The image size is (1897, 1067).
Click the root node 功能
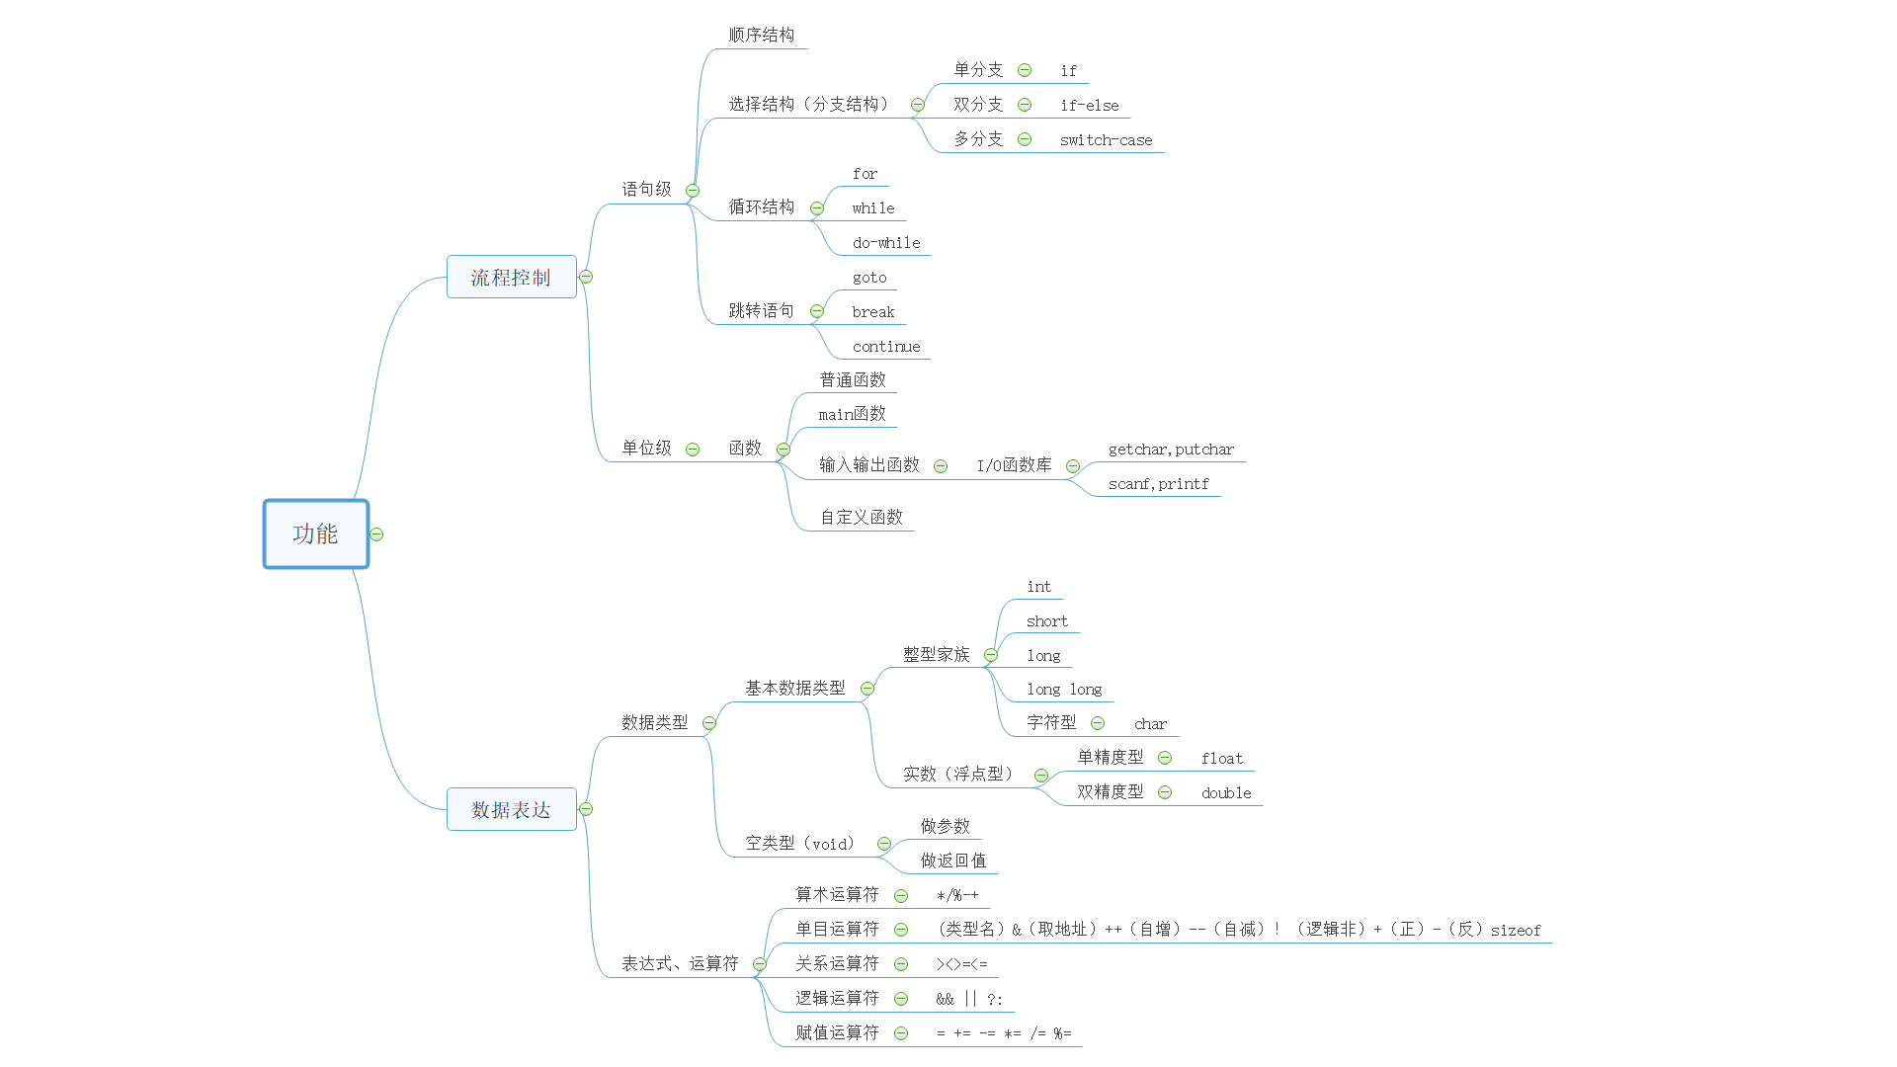coord(315,534)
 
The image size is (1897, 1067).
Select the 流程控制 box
coord(511,278)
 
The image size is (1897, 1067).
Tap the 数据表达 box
coord(511,810)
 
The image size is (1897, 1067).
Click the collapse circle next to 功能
coord(376,534)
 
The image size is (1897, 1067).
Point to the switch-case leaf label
coord(1106,140)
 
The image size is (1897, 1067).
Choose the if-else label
coord(1089,106)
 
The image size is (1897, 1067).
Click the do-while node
coord(885,243)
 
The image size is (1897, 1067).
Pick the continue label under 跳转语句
coord(885,347)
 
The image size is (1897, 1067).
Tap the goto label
coord(869,278)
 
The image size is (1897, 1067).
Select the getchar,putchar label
coord(1171,450)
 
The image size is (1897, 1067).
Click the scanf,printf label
coord(1158,484)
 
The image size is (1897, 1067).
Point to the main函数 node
coord(852,414)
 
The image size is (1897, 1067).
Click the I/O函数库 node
coord(1014,465)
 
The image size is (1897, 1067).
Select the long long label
coord(1064,690)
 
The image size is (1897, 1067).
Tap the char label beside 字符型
coord(1150,724)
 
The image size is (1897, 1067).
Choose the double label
coord(1226,793)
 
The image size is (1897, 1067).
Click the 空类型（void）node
coord(799,844)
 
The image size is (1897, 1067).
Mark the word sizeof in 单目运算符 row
coord(1516,931)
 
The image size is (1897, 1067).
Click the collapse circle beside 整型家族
coord(991,655)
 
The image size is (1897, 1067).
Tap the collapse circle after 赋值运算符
coord(901,1033)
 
